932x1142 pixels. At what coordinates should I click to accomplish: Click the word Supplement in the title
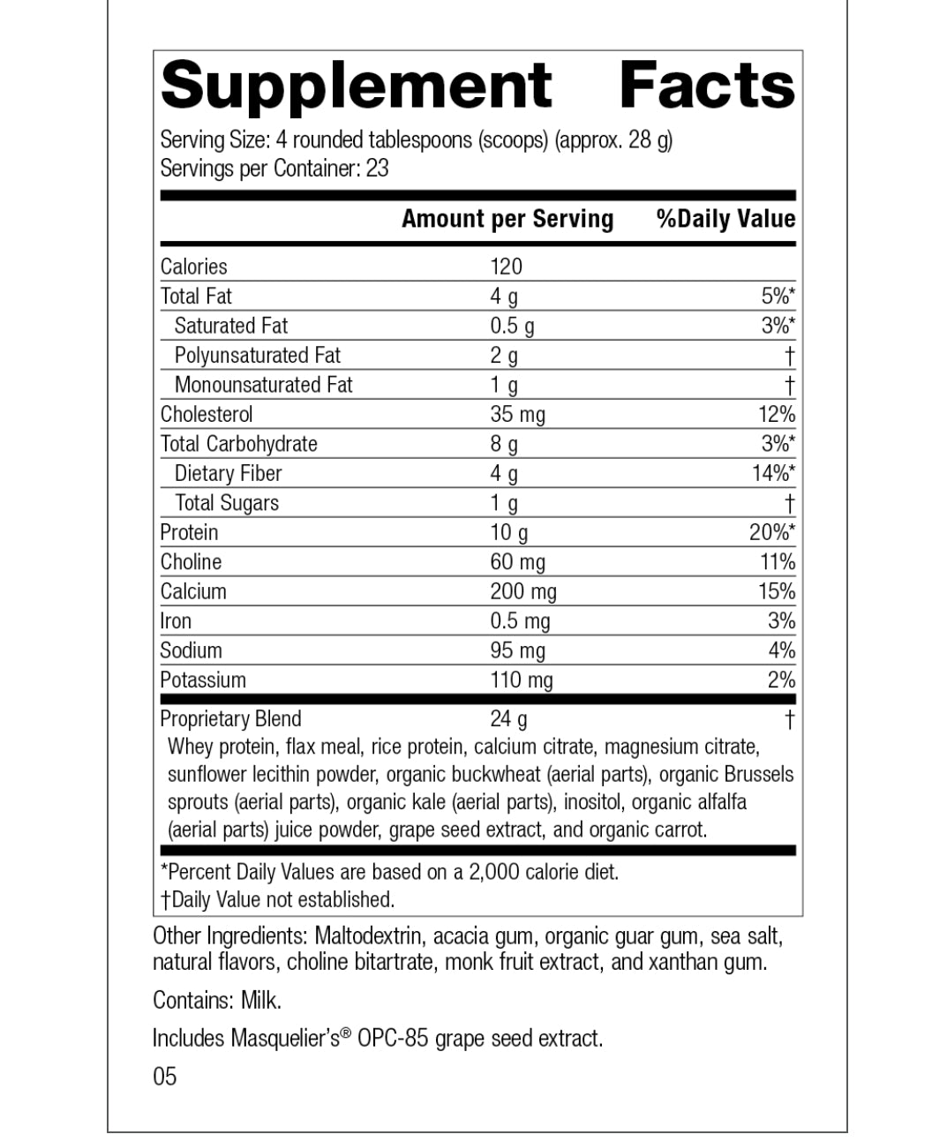coord(357,86)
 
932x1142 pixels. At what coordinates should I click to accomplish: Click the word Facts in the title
coord(707,86)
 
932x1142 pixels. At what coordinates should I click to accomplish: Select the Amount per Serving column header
coord(507,219)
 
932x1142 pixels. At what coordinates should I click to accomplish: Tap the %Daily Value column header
coord(725,219)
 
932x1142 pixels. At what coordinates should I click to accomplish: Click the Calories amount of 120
coord(507,267)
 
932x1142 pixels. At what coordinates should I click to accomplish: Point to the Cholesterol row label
coord(207,414)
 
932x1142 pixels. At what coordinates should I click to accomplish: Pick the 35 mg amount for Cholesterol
coord(518,414)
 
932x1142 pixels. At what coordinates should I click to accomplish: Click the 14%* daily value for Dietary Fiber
coord(773,473)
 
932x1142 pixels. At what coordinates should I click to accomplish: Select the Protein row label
coord(189,532)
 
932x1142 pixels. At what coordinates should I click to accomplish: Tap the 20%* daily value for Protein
coord(772,532)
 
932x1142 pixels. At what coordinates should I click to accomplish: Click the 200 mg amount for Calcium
coord(523,591)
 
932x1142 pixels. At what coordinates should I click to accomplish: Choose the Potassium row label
coord(203,680)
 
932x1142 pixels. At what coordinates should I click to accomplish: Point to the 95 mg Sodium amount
coord(518,650)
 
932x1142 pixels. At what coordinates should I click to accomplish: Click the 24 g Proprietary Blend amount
coord(509,718)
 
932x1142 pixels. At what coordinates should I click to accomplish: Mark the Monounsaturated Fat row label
coord(263,385)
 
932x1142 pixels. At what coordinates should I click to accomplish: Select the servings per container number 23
coord(377,168)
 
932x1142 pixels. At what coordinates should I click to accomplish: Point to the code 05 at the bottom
coord(165,1076)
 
